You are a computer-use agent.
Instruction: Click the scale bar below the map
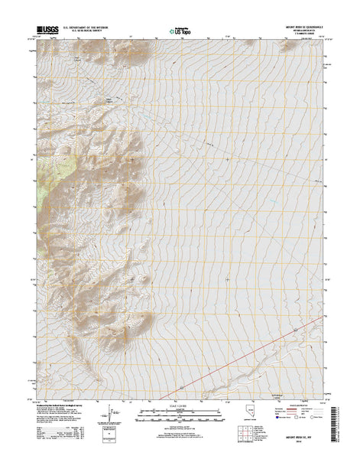180,416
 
